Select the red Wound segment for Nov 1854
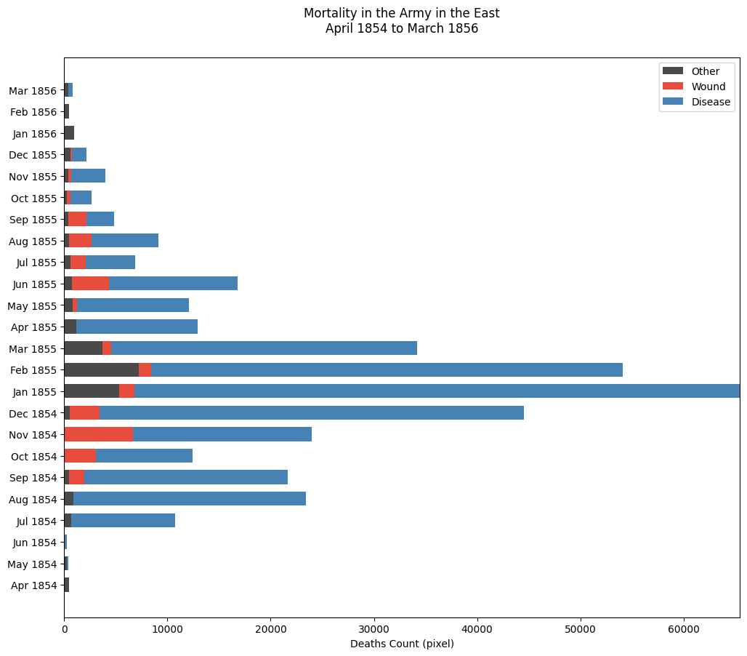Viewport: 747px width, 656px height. tap(99, 435)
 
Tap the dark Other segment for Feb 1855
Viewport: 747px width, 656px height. tap(101, 370)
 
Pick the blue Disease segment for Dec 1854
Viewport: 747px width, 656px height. tap(312, 413)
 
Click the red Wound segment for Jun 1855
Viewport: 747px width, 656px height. tap(90, 284)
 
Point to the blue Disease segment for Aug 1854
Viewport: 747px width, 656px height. tap(190, 499)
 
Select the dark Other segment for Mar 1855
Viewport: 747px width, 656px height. tap(83, 348)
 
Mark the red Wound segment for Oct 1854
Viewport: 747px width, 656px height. tap(80, 456)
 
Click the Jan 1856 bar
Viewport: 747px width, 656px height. tap(69, 134)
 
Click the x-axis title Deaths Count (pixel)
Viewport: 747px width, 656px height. tap(402, 644)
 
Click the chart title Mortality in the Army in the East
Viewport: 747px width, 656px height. tap(402, 13)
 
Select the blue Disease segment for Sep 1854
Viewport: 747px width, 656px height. tap(185, 478)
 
